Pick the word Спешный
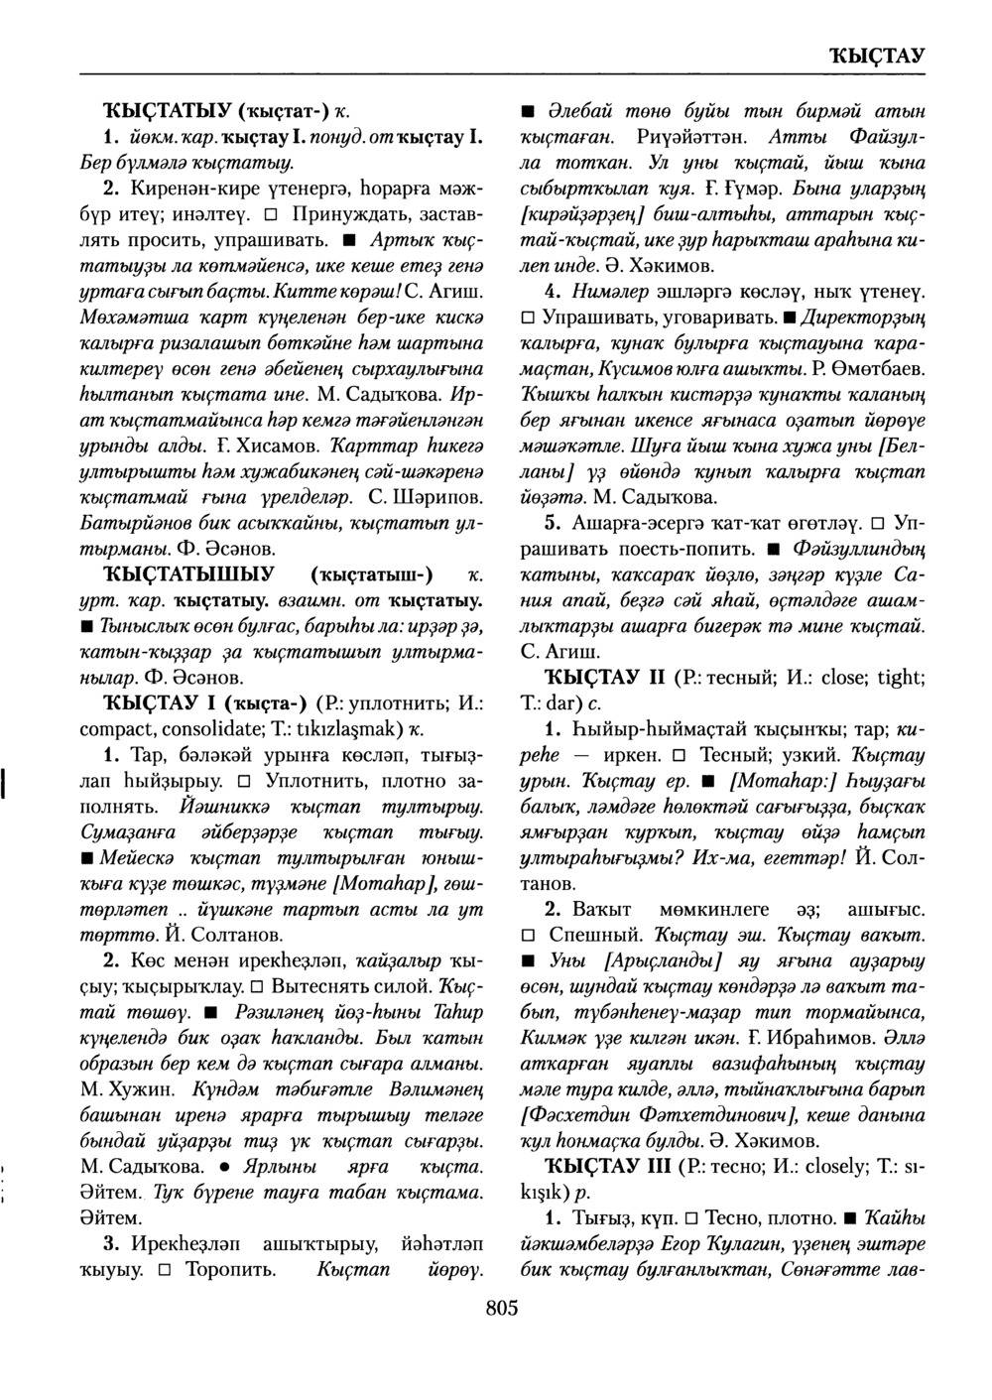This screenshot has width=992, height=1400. pyautogui.click(x=594, y=936)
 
